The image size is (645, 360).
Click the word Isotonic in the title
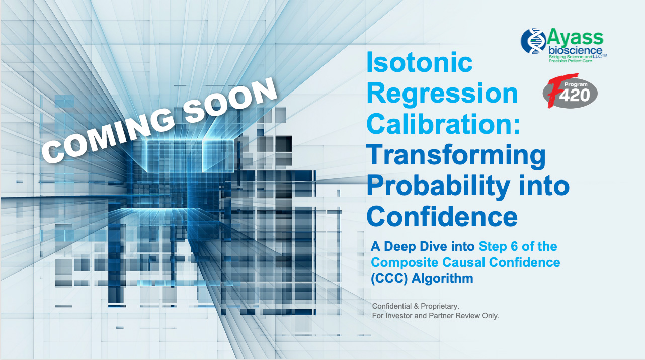[x=420, y=62]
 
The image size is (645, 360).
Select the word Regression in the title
[x=442, y=93]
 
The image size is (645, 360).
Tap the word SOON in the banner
[x=229, y=99]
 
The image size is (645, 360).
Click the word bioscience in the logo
[x=575, y=51]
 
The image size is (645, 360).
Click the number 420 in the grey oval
[x=575, y=95]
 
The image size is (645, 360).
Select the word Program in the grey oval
[x=576, y=84]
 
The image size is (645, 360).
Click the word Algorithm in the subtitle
[x=442, y=278]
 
